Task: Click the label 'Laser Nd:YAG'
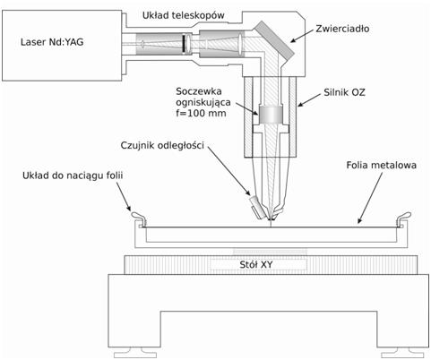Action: [52, 42]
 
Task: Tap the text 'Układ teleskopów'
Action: [183, 15]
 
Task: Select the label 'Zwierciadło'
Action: [342, 29]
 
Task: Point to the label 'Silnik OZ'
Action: [344, 92]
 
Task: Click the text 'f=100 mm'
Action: [201, 114]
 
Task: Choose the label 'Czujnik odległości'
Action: [162, 145]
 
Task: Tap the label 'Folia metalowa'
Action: [381, 165]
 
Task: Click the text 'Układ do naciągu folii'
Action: [73, 176]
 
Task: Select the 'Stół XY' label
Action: [256, 264]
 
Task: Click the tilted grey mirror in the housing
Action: [274, 40]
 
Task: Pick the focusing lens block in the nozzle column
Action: [271, 115]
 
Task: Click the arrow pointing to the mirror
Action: [302, 36]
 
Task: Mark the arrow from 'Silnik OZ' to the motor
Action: [310, 100]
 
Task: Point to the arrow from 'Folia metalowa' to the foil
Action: [370, 198]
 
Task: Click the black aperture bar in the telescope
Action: [183, 44]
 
